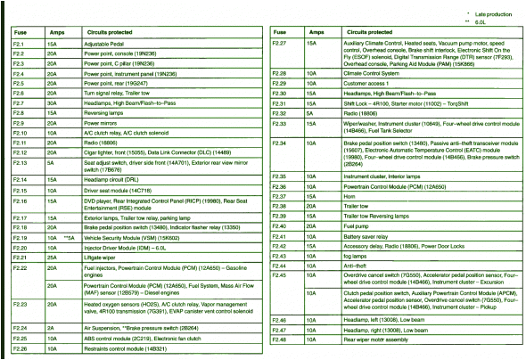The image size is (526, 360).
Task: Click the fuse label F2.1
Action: point(18,44)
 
